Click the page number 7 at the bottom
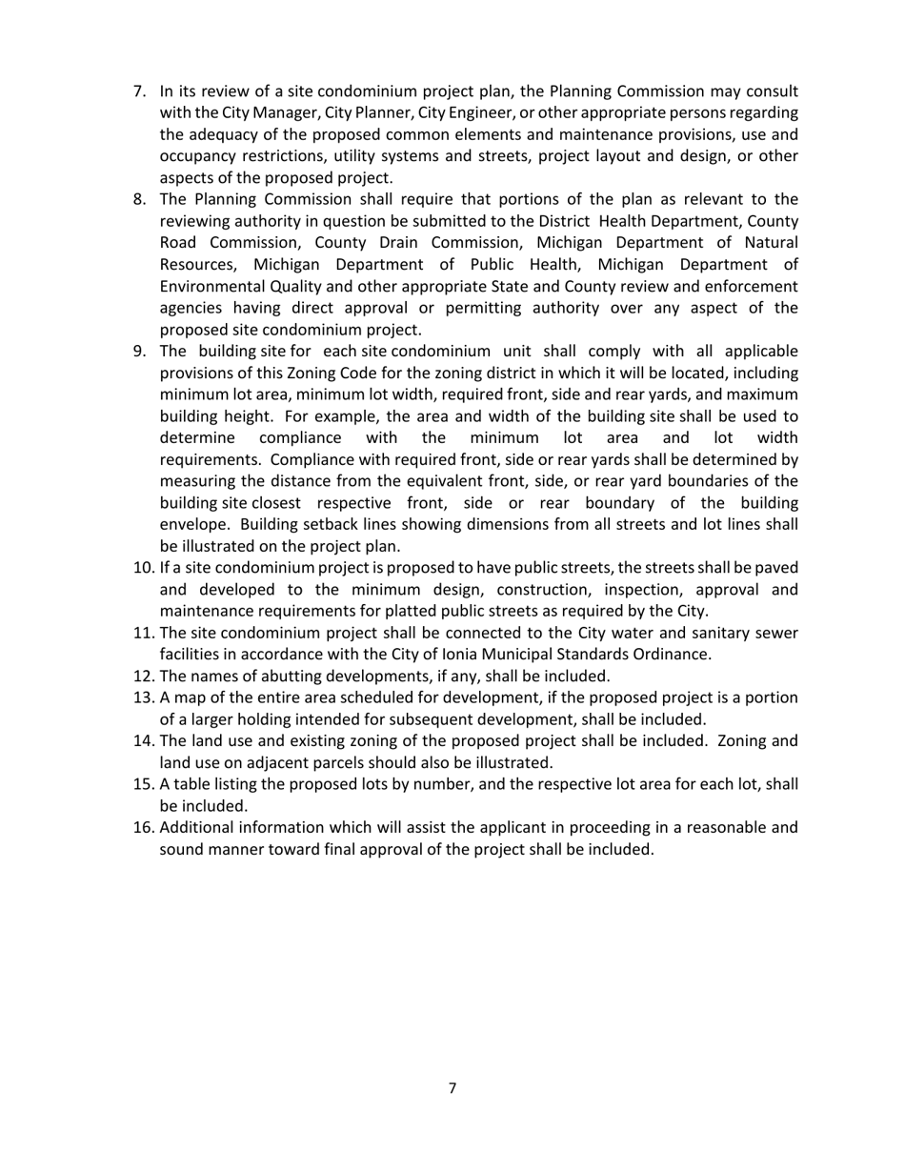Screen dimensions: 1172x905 452,1088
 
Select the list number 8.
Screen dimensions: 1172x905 140,199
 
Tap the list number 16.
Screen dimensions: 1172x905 144,827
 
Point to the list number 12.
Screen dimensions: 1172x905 144,676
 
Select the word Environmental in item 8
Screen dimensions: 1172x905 209,286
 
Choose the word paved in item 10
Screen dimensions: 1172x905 776,568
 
